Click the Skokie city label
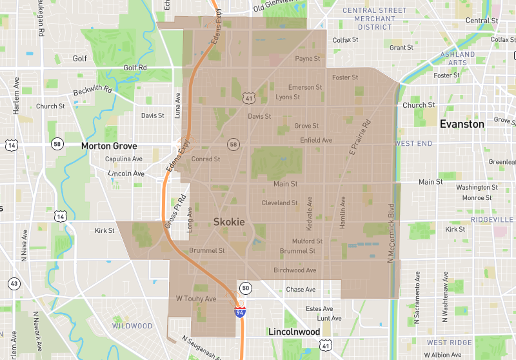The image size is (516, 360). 229,222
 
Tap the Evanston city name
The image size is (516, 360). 461,124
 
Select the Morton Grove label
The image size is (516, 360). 109,146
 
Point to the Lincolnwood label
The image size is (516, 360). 294,332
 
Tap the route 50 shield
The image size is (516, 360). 245,288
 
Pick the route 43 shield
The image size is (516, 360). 13,283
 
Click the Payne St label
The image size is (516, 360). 308,59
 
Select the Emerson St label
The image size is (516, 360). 305,87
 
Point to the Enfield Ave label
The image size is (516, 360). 316,140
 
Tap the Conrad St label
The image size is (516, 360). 206,159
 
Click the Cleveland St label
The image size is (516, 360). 279,203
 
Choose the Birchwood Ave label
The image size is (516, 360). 295,270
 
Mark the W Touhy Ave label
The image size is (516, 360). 196,299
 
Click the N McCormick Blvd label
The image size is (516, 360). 391,234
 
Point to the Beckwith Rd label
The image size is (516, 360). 92,91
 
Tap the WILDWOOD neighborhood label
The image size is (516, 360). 132,326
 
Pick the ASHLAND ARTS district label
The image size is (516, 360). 457,58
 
